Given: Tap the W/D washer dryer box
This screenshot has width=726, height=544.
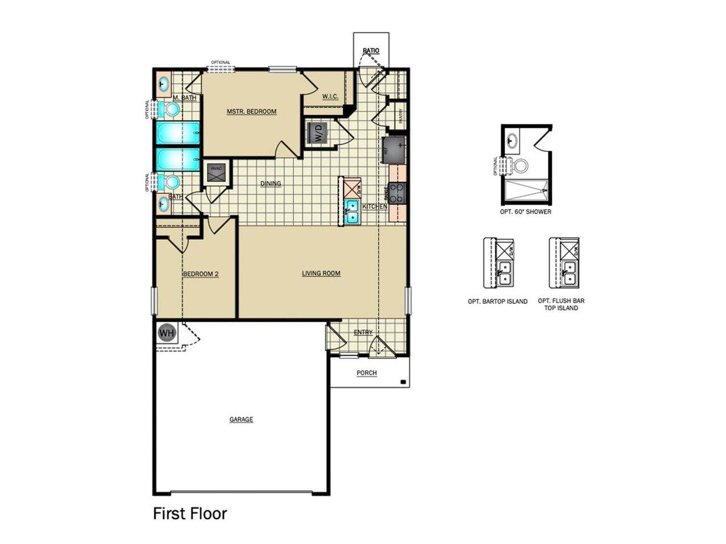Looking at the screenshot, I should coord(318,134).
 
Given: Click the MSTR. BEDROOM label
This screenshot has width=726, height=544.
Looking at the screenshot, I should coord(251,112).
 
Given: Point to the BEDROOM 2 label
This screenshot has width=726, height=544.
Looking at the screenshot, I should coord(201,274).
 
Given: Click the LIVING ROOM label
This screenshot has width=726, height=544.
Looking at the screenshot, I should coord(321,273).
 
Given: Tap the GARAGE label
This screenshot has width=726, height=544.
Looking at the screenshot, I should coord(241,419).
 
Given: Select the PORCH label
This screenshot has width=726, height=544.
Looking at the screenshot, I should coord(366,373).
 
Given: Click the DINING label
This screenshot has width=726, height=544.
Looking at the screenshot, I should coord(271,184).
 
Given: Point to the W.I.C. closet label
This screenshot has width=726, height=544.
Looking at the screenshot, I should coord(330,96).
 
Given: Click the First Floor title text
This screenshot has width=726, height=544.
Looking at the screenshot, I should coord(190,513).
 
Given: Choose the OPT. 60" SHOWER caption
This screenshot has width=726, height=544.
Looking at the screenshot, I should coord(525,212).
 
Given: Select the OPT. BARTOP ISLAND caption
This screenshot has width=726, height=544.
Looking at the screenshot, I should coord(497,301).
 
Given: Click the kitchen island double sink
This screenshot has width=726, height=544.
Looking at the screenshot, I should coord(352,211).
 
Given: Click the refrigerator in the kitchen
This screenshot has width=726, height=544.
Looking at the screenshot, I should coord(395,150).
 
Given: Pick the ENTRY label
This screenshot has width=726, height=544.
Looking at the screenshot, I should coord(363,332).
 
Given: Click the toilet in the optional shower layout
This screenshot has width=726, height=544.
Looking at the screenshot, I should coord(520,165).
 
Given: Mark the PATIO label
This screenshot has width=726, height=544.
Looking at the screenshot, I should coord(371,51).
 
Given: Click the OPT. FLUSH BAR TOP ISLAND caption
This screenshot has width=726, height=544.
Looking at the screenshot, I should coord(561,304).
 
